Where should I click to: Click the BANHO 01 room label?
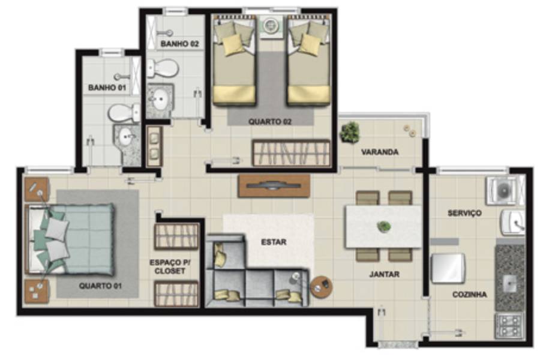click(107, 88)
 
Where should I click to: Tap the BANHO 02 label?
click(180, 44)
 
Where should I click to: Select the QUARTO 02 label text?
click(270, 122)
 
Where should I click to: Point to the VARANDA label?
click(380, 152)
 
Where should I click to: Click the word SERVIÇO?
click(464, 213)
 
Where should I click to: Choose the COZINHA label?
click(470, 295)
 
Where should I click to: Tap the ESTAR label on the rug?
click(274, 242)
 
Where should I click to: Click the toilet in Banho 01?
click(124, 112)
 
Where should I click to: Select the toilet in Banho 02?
click(163, 68)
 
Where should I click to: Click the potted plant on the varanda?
click(350, 132)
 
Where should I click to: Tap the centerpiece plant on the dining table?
click(383, 226)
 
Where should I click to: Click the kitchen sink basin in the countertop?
click(509, 284)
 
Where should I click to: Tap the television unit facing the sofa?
click(274, 186)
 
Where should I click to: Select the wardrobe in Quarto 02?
click(292, 153)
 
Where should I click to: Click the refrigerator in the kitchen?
click(448, 268)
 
